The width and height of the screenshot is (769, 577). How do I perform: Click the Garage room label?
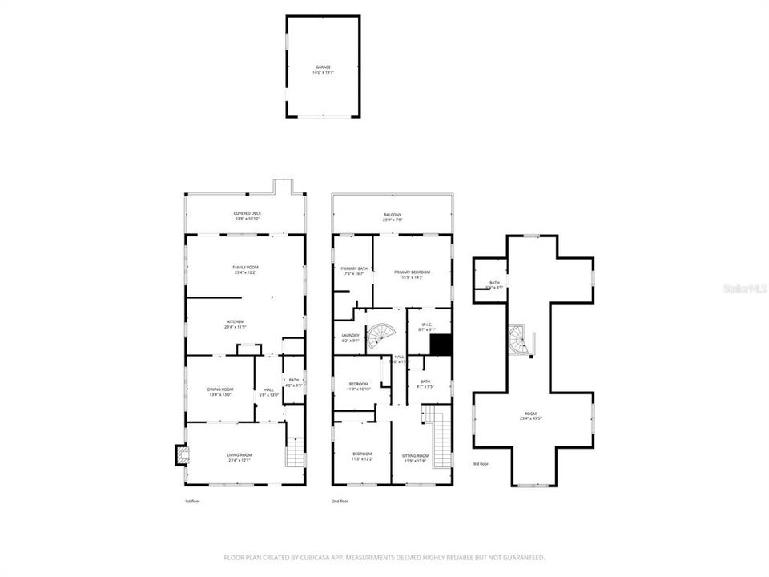[322, 67]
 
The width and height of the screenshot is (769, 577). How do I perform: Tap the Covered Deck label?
[245, 214]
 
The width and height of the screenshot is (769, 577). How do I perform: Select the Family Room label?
[246, 268]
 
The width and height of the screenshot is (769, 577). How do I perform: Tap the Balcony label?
[392, 215]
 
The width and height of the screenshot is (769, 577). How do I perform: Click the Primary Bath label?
[354, 269]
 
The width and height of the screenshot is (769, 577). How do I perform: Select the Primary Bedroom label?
[412, 272]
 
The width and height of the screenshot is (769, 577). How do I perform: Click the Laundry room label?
[350, 337]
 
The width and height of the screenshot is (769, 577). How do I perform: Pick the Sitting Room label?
[415, 456]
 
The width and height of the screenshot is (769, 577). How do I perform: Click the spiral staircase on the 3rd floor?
[519, 341]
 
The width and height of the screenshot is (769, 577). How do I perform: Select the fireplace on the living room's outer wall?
[182, 455]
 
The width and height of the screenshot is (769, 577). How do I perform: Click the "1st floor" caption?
[193, 502]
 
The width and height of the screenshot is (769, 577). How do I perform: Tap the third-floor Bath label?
[495, 284]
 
